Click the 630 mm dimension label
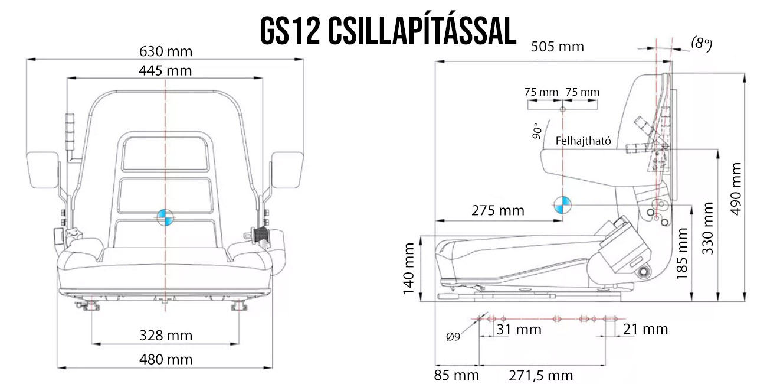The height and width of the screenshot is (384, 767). coord(166,51)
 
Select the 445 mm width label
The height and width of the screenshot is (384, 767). coord(165,71)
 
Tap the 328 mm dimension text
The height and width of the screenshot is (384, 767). coord(166,336)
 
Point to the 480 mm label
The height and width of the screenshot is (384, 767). coord(166,360)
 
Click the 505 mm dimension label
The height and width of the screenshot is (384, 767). coord(558,47)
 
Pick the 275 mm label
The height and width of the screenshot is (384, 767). coord(498,210)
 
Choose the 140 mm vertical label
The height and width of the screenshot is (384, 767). coord(408,269)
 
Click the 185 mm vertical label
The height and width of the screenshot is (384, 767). coord(682,253)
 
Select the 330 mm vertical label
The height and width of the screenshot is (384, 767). coord(708,229)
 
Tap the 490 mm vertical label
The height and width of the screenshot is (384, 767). coord(736,189)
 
